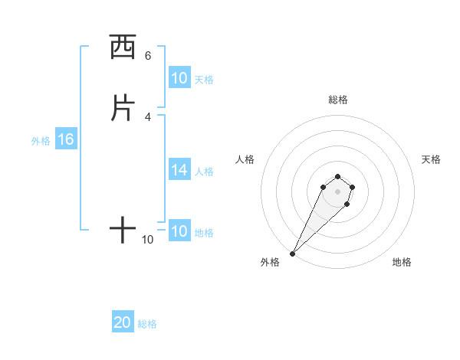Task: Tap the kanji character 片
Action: tap(123, 108)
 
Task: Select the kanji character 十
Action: tap(123, 230)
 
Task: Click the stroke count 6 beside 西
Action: tap(148, 56)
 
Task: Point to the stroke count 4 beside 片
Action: tap(148, 116)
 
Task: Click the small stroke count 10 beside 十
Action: tap(148, 240)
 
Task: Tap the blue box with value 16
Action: tap(65, 139)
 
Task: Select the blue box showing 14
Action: tap(179, 170)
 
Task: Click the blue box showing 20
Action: tap(123, 322)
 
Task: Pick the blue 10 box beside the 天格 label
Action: tap(179, 78)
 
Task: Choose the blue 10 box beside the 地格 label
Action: tap(179, 231)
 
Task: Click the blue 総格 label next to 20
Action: tap(148, 324)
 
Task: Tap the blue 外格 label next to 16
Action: tap(41, 141)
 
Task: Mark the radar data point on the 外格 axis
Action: tap(293, 253)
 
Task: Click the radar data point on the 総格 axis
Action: tap(337, 175)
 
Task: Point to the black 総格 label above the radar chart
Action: tap(337, 100)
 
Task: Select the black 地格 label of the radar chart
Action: tap(402, 262)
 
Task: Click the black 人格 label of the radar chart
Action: tap(245, 159)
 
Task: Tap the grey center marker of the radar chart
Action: tap(337, 191)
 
